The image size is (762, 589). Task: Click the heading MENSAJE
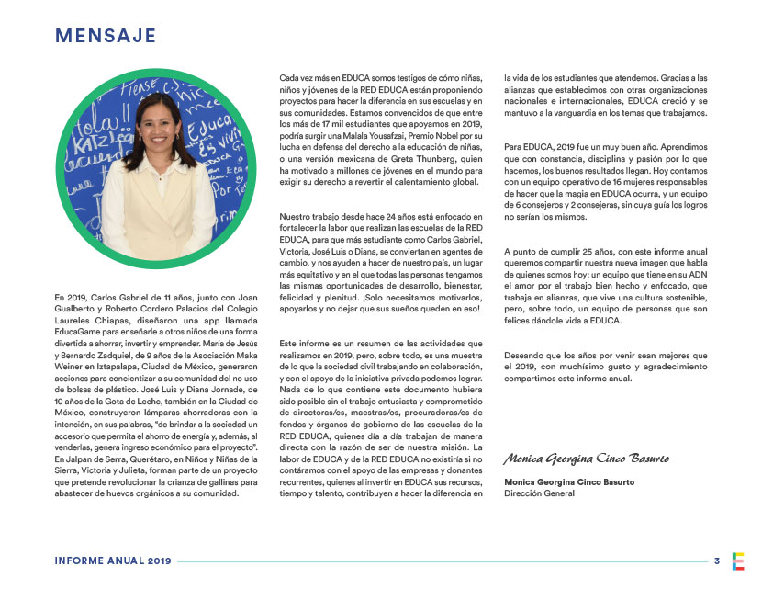click(x=105, y=36)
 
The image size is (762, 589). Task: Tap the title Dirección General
click(x=541, y=493)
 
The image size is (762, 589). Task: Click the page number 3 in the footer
click(x=716, y=561)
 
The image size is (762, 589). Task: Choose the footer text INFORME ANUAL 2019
click(x=114, y=561)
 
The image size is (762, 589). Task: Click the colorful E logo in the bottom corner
click(x=737, y=561)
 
